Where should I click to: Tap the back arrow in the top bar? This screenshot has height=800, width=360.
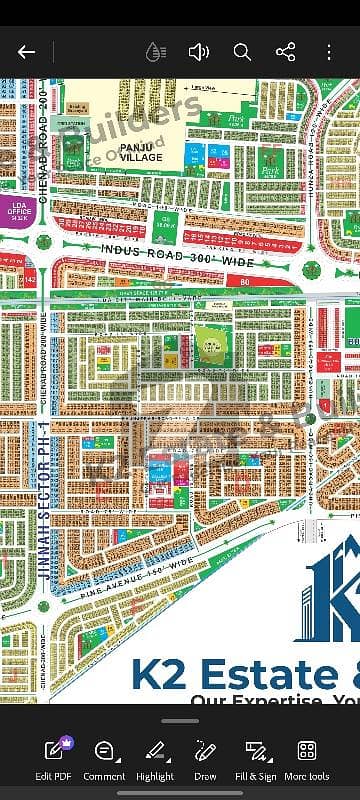27,52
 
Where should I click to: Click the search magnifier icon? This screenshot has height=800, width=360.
242,52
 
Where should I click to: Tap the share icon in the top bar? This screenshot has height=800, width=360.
285,52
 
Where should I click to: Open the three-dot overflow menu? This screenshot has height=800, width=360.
329,52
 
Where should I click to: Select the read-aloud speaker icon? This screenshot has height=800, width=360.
198,52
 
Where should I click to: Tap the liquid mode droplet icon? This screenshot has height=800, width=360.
154,52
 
